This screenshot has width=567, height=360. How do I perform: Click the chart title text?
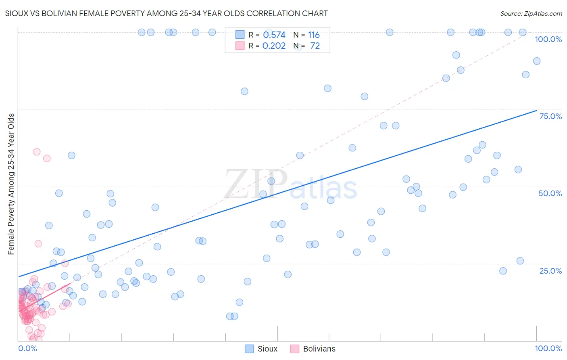click(x=166, y=13)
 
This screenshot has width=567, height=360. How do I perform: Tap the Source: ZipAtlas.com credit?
click(x=531, y=14)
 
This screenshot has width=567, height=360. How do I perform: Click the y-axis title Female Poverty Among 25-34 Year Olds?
click(x=11, y=184)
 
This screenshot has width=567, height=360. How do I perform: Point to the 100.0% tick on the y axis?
click(x=548, y=39)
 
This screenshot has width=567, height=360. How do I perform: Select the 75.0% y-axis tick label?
click(x=550, y=116)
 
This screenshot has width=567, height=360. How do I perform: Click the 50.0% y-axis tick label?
click(x=550, y=193)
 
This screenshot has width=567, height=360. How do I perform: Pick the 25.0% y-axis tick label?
click(x=550, y=271)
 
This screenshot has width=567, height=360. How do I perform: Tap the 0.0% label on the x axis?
click(x=27, y=348)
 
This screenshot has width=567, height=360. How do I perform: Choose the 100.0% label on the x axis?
click(x=548, y=348)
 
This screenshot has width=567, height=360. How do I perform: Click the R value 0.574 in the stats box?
click(x=274, y=35)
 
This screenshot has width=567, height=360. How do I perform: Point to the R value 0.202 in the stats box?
click(x=274, y=46)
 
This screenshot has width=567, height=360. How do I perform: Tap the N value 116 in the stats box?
click(x=314, y=35)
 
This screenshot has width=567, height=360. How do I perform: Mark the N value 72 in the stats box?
click(x=315, y=46)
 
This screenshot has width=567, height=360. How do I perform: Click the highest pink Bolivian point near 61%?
click(x=37, y=152)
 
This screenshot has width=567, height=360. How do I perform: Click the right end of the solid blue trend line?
click(x=536, y=111)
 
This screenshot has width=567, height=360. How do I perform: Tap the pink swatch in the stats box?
click(x=240, y=46)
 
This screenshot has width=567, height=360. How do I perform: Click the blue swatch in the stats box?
click(x=240, y=35)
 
